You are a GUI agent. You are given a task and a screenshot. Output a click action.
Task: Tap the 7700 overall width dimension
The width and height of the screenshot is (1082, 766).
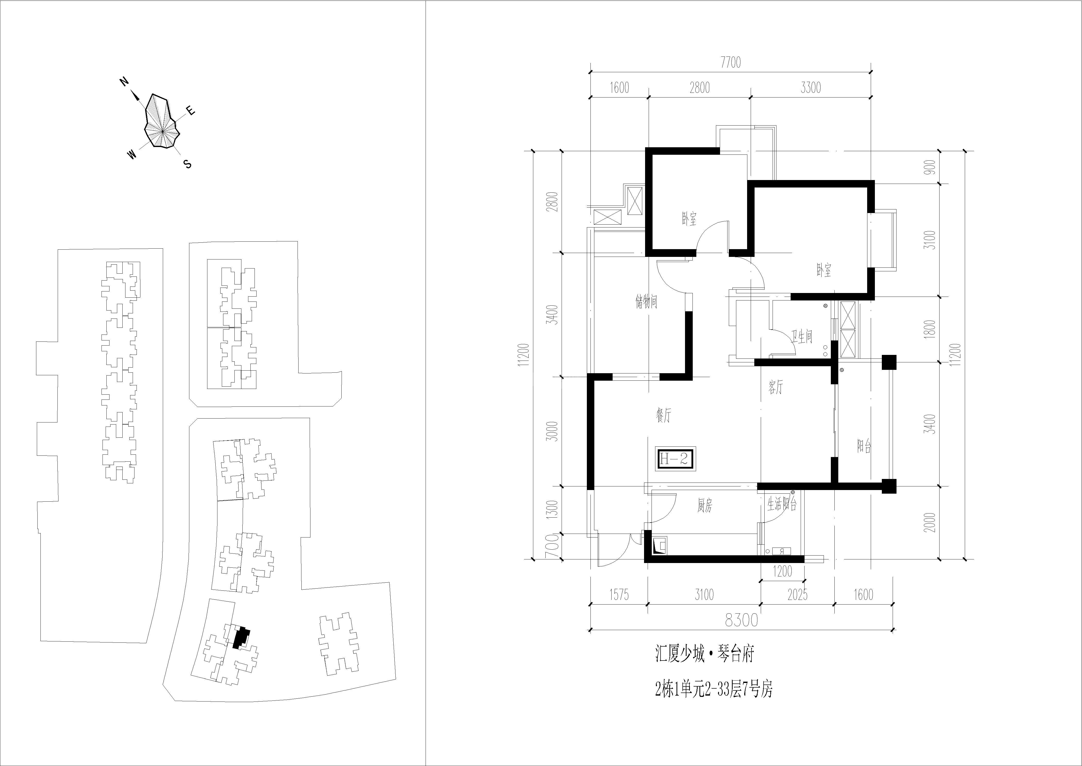730,63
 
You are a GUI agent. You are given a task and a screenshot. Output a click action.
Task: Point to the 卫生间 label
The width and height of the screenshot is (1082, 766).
802,336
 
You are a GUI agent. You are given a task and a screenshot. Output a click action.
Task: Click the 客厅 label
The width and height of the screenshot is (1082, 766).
775,388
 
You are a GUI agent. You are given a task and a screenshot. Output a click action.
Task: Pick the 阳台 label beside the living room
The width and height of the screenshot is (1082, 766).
864,446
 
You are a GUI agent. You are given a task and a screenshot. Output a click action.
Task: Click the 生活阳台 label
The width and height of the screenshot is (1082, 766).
782,505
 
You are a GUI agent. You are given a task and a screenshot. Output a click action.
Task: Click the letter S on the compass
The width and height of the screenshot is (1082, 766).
188,164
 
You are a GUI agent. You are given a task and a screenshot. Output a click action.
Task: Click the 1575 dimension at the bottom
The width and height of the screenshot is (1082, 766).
619,595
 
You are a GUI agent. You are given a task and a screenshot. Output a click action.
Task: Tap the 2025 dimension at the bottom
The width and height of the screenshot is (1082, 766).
797,595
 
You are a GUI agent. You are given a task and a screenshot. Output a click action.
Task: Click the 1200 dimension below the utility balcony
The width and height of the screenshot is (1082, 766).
783,571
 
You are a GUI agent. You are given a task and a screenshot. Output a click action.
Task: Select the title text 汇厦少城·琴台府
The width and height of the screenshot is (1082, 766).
705,655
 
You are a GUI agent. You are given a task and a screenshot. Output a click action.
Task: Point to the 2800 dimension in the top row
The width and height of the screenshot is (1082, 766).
699,88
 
